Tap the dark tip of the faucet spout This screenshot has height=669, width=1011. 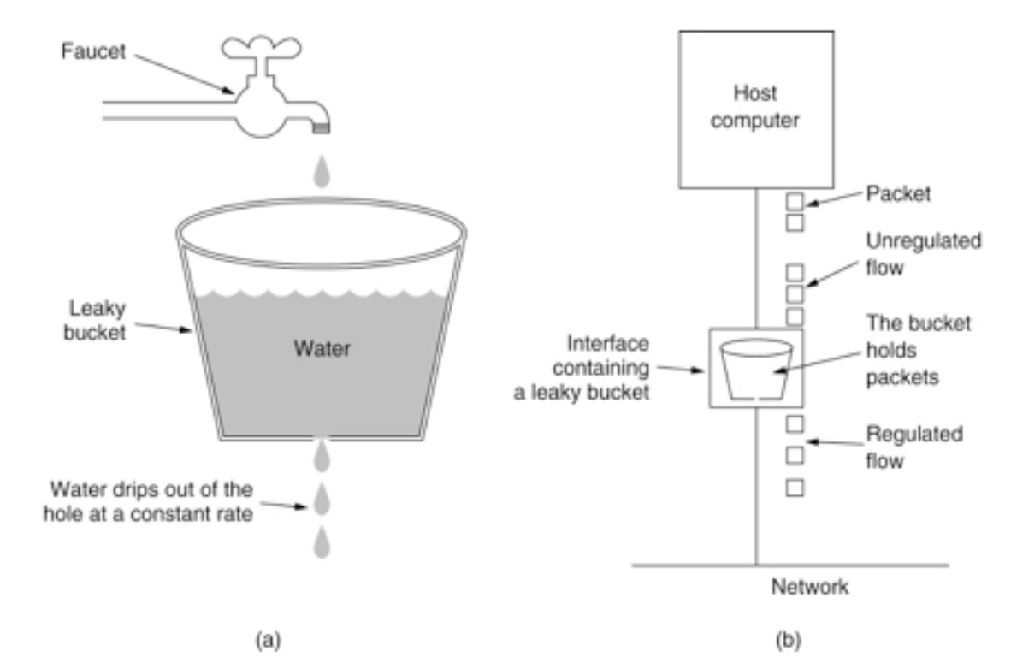coord(322,127)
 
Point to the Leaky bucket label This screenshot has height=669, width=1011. coord(95,318)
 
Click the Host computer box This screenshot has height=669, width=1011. coord(756,109)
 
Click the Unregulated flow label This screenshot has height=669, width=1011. coord(923,254)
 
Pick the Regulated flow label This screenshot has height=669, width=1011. coord(914,447)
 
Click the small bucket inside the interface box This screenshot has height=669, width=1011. coord(756,370)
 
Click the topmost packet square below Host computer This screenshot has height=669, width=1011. coord(795,202)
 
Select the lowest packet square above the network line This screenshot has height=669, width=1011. coord(795,488)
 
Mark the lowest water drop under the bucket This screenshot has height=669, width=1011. coord(322,542)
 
